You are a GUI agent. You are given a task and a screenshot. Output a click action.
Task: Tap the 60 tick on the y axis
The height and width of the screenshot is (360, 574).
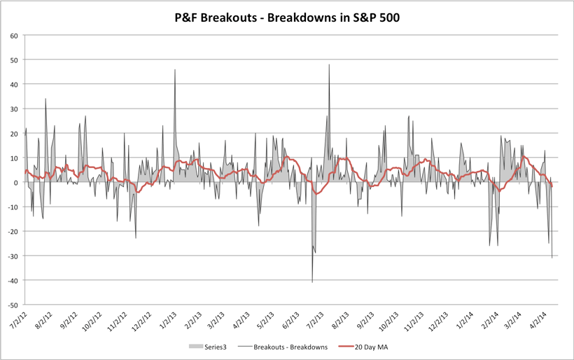[x=13, y=35]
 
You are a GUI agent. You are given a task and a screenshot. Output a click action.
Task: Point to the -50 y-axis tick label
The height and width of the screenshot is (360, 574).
[x=12, y=305]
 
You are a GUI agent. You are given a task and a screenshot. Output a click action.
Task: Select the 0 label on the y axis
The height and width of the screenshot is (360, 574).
[x=15, y=183]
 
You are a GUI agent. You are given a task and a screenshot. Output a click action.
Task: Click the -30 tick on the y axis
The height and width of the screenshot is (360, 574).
[x=12, y=256]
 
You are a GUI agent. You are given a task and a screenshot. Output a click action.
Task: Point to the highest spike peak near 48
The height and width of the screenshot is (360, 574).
[x=329, y=65]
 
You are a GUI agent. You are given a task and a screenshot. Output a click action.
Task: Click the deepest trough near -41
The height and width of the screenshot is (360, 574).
[x=312, y=282]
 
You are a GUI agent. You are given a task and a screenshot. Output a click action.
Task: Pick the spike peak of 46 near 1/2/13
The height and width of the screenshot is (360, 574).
[x=175, y=70]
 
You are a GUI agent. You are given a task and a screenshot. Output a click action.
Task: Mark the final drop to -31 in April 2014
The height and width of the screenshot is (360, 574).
[x=552, y=258]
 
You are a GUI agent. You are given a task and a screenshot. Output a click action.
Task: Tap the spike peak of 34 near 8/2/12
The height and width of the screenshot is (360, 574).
[x=45, y=99]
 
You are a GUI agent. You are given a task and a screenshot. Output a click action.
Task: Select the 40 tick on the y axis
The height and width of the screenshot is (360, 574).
[x=13, y=84]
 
